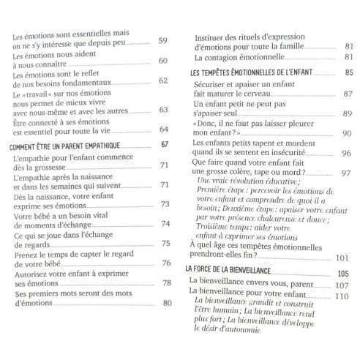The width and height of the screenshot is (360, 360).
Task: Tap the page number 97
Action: [x=346, y=173]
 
